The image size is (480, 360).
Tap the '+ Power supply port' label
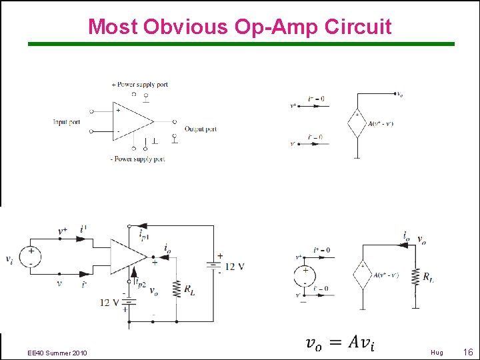[141, 85]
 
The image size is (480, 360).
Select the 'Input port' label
[67, 122]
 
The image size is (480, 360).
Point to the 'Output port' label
[201, 129]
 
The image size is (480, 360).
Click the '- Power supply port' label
[137, 159]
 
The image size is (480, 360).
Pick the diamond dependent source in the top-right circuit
[358, 124]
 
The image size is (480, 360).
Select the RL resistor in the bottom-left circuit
[177, 289]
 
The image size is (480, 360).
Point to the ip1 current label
[143, 234]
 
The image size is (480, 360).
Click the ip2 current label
[139, 282]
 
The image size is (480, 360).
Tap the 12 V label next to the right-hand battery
[233, 267]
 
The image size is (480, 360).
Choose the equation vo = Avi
[340, 343]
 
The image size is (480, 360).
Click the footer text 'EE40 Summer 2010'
[57, 353]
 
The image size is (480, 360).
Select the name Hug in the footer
[437, 353]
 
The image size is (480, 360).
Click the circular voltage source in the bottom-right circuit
[305, 274]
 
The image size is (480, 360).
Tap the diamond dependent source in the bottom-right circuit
[362, 275]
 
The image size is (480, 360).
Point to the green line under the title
[240, 44]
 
